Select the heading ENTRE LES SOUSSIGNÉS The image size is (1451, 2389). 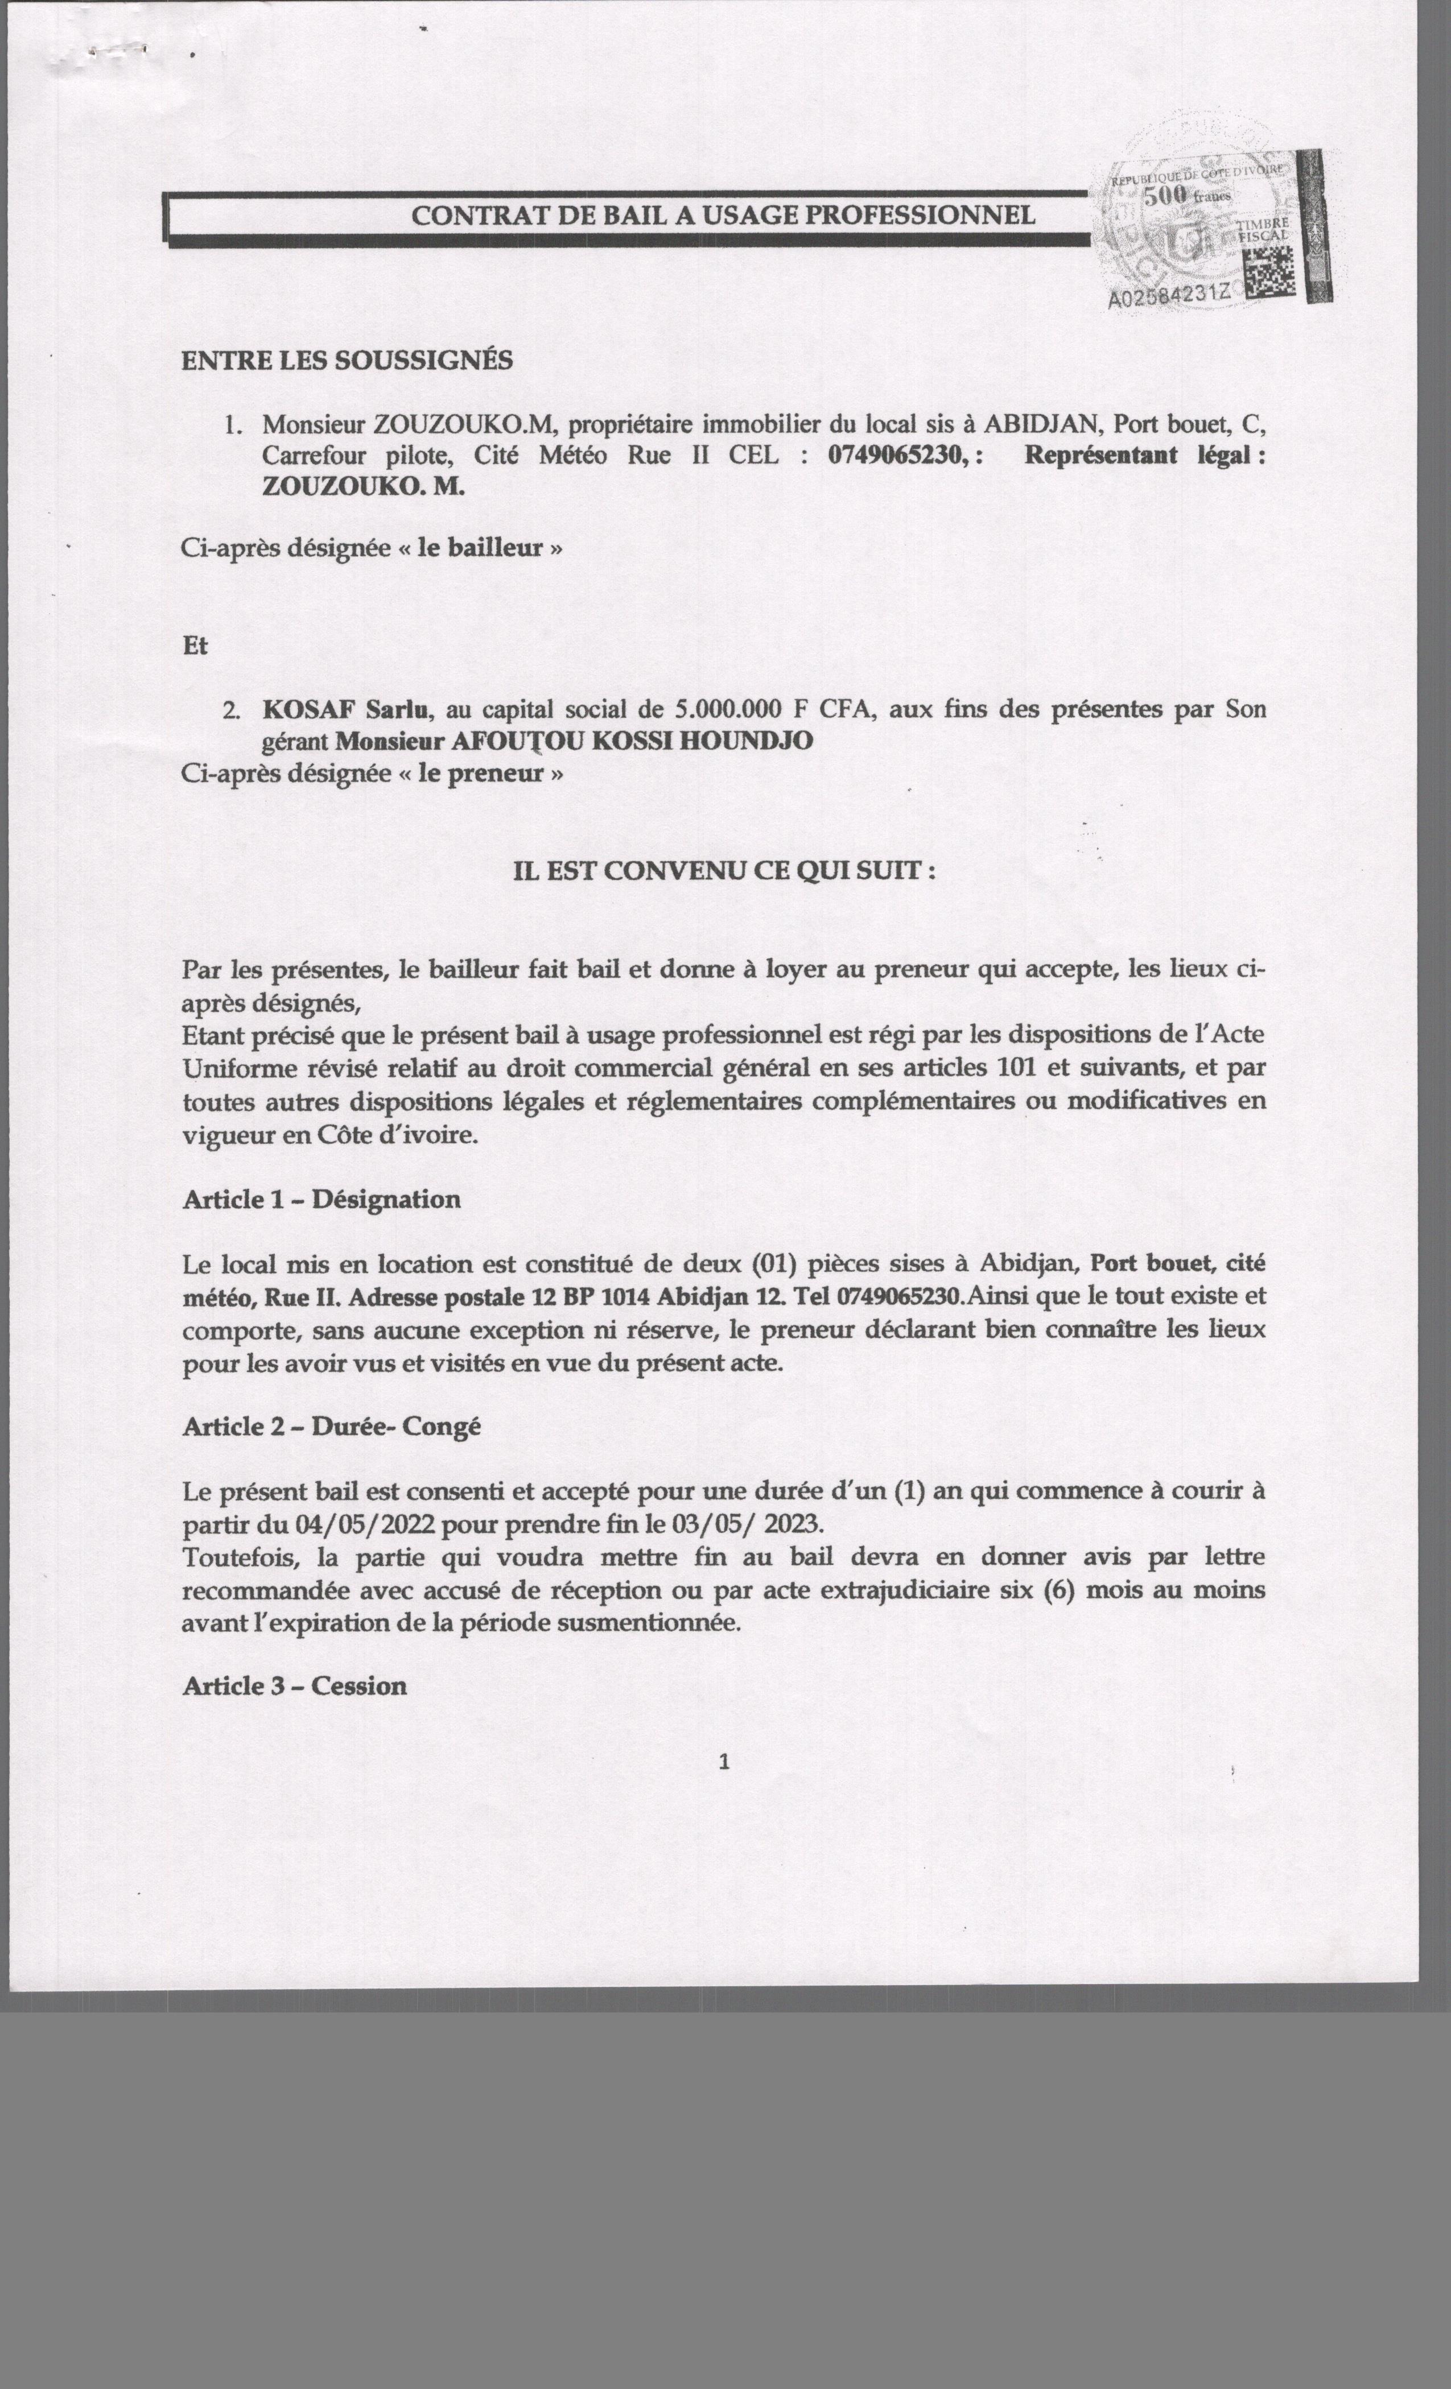[347, 361]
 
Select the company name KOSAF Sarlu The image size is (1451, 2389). [345, 710]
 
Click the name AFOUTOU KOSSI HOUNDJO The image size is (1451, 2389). [632, 742]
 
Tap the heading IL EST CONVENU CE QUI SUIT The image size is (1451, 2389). [724, 871]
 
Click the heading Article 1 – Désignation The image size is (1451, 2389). [321, 1200]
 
